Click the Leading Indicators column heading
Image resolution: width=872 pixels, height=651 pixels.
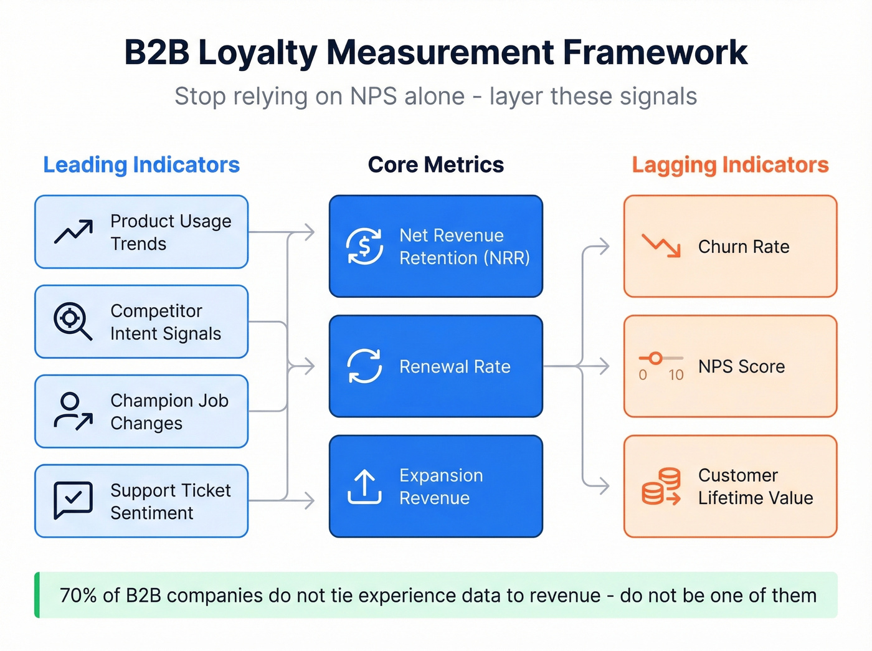coord(141,165)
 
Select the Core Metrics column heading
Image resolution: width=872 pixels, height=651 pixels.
coord(435,165)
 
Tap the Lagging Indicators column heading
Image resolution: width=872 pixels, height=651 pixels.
coord(730,165)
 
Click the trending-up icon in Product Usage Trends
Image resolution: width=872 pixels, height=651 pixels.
coord(73,232)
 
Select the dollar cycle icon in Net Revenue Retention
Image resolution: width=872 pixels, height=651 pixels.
coord(364,247)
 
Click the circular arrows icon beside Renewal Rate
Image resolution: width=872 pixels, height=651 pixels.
coord(364,366)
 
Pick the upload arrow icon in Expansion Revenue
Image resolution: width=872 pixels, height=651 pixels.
coord(364,487)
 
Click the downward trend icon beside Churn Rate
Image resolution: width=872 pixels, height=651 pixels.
coord(661,246)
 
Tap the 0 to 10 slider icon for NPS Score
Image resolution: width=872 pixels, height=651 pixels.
coord(661,366)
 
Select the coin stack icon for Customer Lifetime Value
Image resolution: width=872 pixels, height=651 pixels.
coord(661,487)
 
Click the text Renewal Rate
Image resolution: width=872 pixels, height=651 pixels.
coord(455,367)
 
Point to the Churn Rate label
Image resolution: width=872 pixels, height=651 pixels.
coord(744,247)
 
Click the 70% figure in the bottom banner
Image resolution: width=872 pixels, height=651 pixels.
coord(78,596)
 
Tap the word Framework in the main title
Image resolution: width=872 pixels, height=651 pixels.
coord(655,52)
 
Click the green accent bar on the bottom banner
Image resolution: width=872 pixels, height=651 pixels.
coord(37,595)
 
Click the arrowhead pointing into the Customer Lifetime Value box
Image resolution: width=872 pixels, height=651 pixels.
coord(604,486)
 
